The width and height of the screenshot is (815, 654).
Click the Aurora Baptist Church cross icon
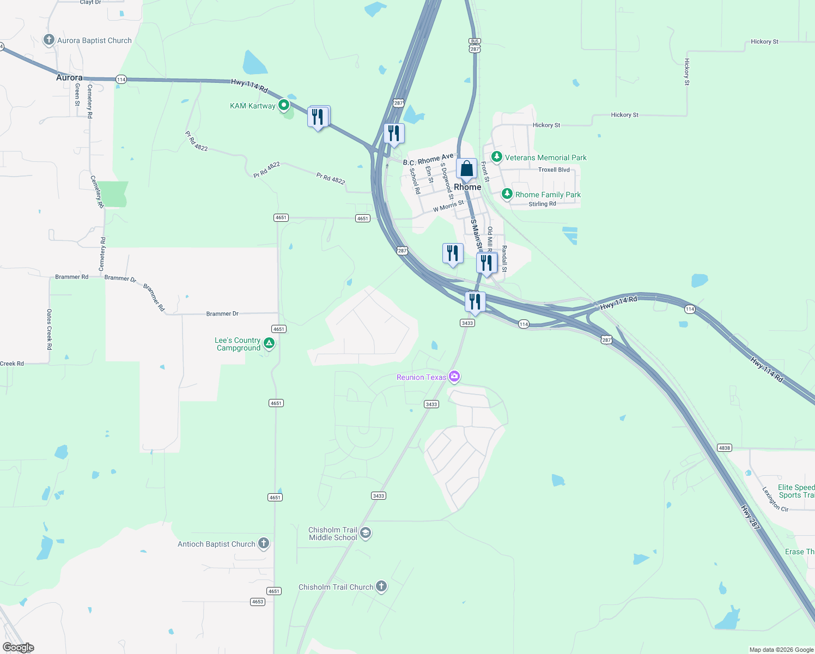pos(49,40)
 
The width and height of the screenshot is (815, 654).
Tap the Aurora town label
pos(69,78)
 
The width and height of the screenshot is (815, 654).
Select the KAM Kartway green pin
pos(283,105)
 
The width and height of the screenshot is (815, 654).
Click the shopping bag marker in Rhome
pos(466,168)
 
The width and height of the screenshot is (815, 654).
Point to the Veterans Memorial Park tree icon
pos(496,157)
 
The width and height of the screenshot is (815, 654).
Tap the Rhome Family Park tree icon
pos(507,194)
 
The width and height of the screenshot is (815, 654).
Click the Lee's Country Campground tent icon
pos(269,343)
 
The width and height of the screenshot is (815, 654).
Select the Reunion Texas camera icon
pos(454,377)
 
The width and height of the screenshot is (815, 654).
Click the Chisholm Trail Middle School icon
pos(366,533)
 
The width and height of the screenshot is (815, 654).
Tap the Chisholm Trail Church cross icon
pos(381,586)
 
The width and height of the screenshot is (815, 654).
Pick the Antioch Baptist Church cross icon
pos(264,543)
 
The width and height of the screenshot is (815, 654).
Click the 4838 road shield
pos(724,448)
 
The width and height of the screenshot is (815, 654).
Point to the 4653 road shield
pos(258,602)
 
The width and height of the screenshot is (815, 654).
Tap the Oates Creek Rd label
pos(49,329)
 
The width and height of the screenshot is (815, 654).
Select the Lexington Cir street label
pos(775,499)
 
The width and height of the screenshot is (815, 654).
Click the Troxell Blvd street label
pos(554,169)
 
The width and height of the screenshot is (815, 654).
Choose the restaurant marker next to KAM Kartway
pos(318,117)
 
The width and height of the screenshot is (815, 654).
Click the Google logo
pos(19,647)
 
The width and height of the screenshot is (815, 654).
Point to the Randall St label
pos(504,258)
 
